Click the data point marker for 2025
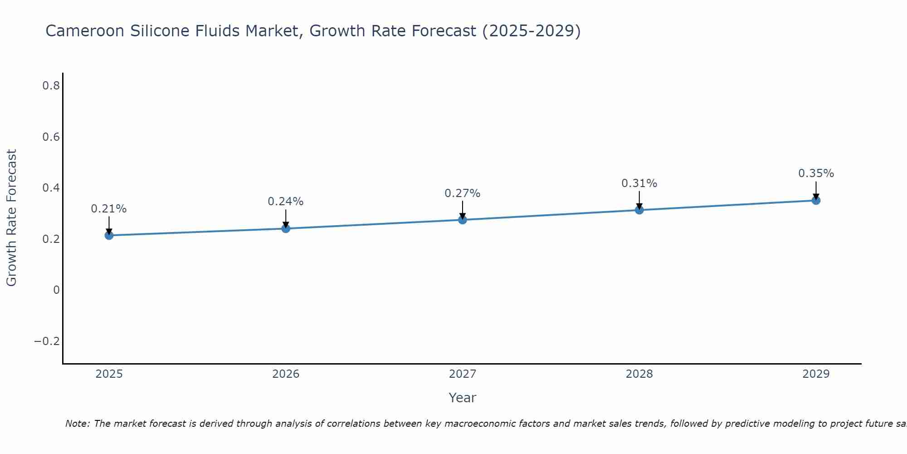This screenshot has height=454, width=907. [x=109, y=235]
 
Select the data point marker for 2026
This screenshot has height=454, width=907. [x=286, y=228]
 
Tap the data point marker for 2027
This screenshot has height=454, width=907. [x=463, y=220]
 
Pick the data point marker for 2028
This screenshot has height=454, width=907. [x=639, y=210]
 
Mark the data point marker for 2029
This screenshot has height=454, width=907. [x=816, y=200]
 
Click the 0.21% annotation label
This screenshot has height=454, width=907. [x=109, y=209]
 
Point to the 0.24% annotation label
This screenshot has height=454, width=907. [x=286, y=202]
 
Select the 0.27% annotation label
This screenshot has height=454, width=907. [x=463, y=193]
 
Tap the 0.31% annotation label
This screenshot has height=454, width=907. [x=639, y=183]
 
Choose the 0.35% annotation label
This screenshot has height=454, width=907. [x=816, y=173]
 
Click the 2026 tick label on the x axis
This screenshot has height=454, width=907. [x=286, y=374]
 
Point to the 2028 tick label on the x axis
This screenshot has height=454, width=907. [x=639, y=374]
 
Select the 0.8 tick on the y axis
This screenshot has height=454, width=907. [x=51, y=85]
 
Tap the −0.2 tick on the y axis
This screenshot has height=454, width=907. [x=47, y=341]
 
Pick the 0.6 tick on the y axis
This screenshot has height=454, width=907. [x=51, y=137]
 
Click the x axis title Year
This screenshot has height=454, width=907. [x=463, y=398]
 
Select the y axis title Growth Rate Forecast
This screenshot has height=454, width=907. [x=11, y=218]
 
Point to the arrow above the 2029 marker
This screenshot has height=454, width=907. [x=816, y=190]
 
